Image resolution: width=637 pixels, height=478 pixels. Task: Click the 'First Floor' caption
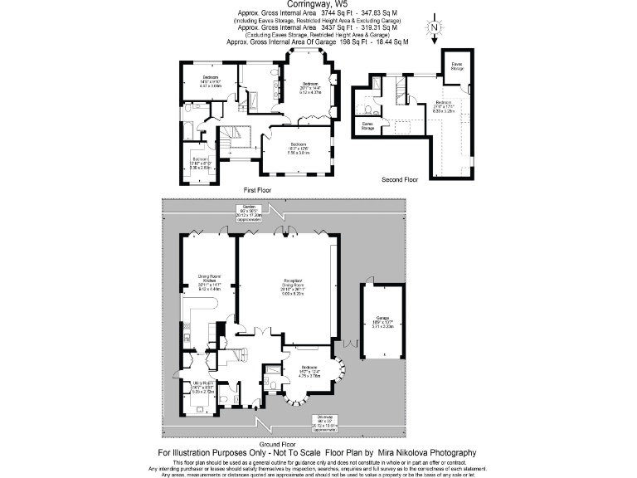tap(258, 190)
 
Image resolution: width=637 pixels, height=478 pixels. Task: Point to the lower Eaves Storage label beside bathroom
tap(367, 126)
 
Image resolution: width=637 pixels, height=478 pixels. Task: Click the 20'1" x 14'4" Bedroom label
tap(310, 88)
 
